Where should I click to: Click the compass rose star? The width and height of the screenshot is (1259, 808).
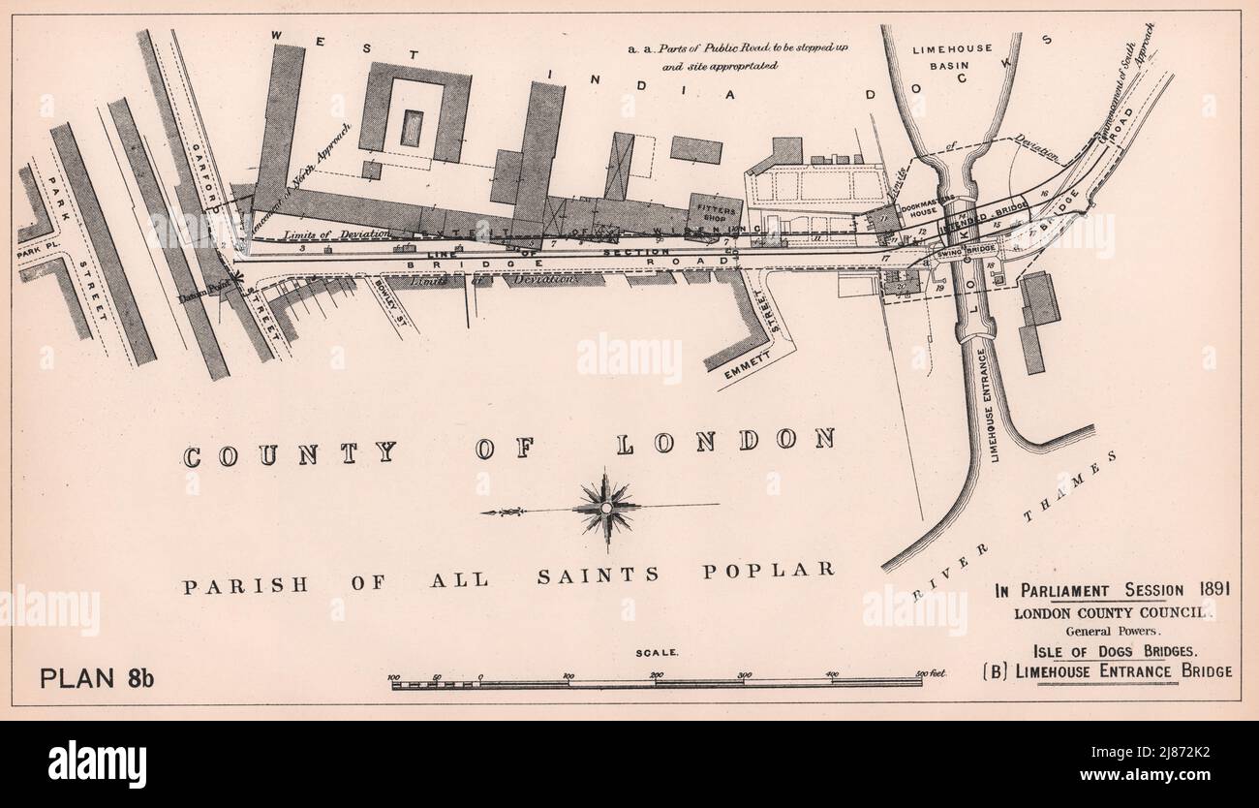[x=606, y=506]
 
